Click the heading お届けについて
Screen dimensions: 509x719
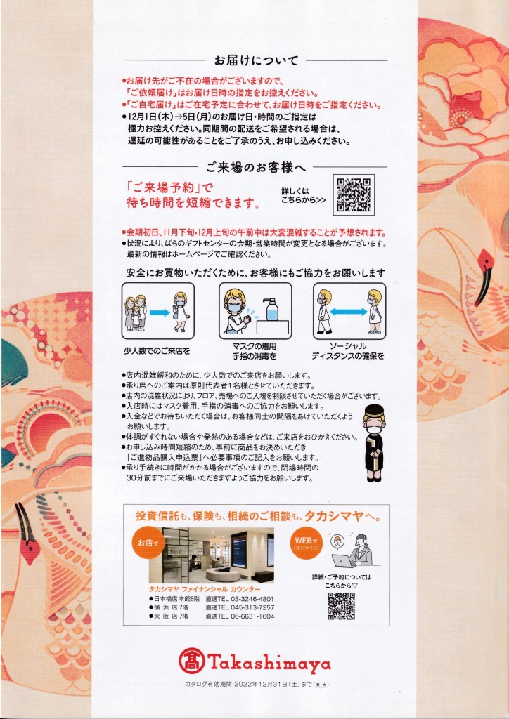(x=256, y=60)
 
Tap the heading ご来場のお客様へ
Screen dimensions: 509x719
(x=256, y=167)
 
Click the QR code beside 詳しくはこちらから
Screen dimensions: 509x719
(x=354, y=194)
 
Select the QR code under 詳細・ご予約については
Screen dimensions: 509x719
(x=341, y=606)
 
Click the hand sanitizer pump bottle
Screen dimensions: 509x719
(x=271, y=309)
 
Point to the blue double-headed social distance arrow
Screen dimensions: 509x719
(x=349, y=311)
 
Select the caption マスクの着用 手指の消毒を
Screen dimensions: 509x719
(x=255, y=350)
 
